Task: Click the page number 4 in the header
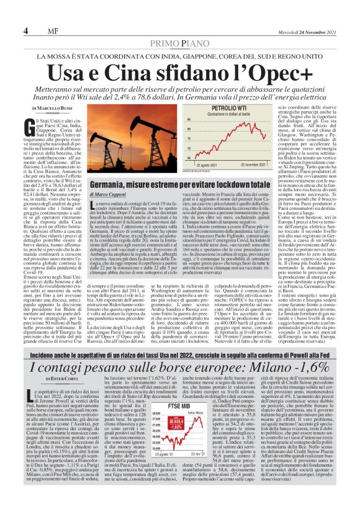tap(26, 31)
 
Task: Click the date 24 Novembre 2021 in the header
tap(317, 32)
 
